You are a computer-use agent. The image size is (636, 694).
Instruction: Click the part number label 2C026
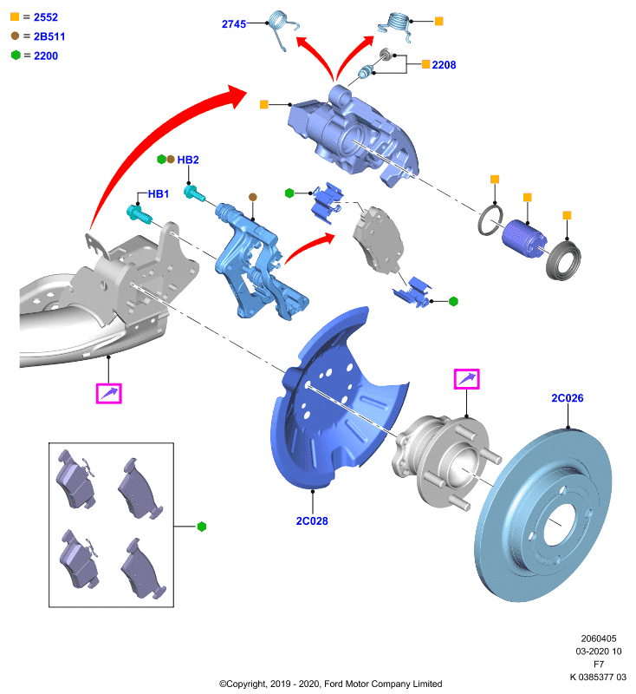567,398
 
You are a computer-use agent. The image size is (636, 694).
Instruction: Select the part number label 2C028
312,521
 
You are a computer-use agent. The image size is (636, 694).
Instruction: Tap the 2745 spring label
234,24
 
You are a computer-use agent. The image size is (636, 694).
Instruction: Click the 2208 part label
444,64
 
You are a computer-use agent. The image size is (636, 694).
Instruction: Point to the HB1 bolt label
159,193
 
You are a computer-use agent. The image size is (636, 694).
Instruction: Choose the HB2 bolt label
188,160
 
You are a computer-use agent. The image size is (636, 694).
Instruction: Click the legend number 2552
46,17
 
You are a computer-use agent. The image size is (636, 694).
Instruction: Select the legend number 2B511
49,36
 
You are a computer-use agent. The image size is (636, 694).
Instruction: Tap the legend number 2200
46,56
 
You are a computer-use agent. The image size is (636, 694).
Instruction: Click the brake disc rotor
543,515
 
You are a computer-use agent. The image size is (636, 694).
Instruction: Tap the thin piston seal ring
490,220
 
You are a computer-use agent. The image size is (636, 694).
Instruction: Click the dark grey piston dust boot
563,261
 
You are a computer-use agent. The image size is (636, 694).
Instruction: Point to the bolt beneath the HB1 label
140,213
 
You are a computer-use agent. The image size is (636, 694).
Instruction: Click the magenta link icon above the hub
467,379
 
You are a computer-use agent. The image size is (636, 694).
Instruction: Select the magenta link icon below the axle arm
108,394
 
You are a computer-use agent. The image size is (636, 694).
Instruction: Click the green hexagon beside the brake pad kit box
202,527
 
